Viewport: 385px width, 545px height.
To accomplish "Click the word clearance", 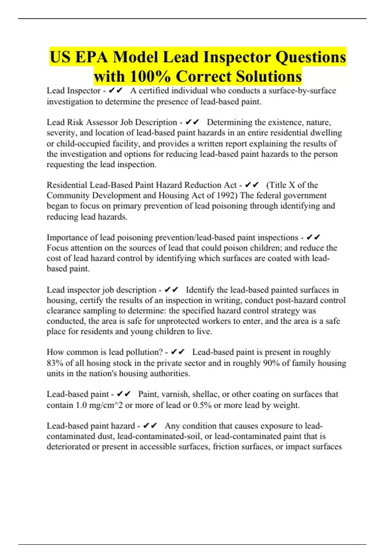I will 63,311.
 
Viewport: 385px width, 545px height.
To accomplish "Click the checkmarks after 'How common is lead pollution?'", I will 177,352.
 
